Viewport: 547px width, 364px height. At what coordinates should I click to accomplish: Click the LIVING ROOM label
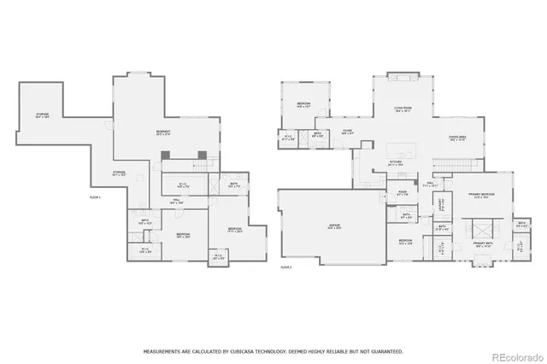(x=403, y=109)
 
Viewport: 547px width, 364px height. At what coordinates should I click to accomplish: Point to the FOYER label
(x=348, y=132)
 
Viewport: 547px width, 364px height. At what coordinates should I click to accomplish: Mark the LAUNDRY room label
(x=442, y=205)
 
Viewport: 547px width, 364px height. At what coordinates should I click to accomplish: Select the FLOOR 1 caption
(x=95, y=197)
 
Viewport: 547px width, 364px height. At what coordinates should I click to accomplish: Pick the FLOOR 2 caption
(x=286, y=267)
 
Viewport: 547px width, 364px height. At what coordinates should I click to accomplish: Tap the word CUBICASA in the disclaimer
(x=256, y=350)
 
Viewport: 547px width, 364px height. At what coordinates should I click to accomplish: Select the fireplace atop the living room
(x=402, y=77)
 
